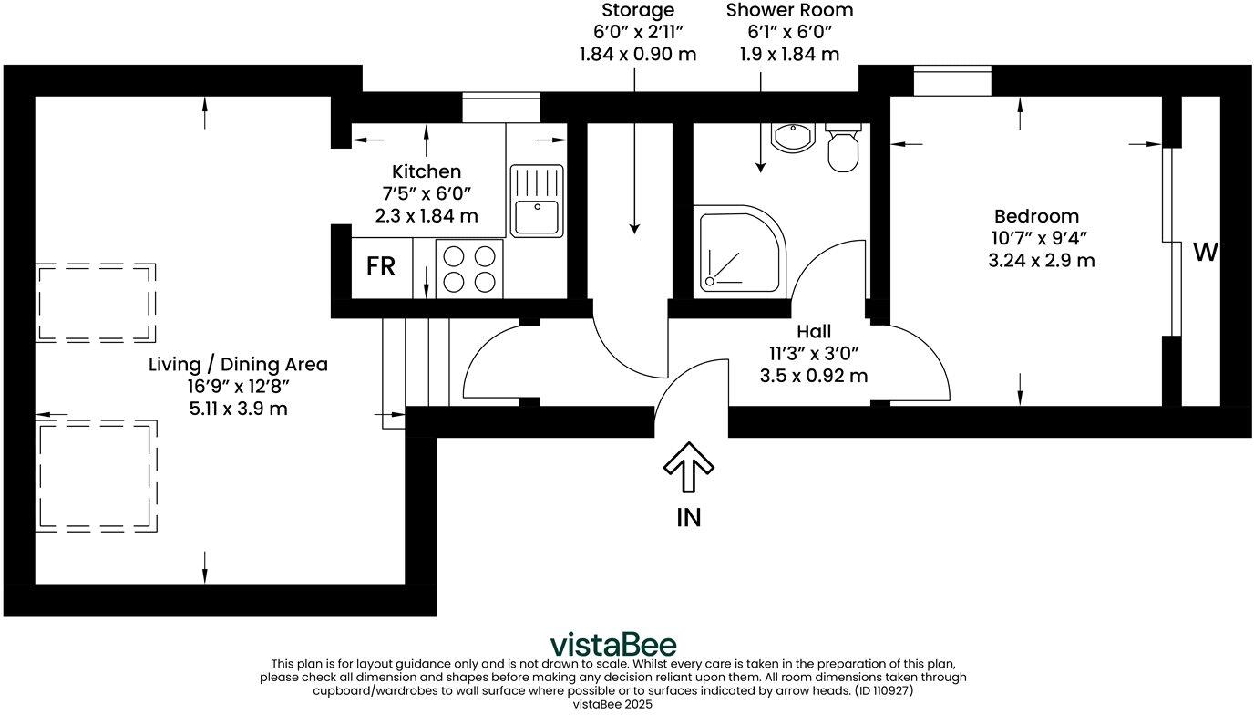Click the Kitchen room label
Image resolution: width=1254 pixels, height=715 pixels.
click(x=427, y=171)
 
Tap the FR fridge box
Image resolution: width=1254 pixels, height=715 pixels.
click(x=381, y=266)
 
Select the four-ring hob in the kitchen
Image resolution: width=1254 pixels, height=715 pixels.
click(x=469, y=267)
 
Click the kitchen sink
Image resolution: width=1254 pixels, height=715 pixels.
click(x=537, y=202)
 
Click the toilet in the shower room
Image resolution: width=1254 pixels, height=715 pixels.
click(x=843, y=149)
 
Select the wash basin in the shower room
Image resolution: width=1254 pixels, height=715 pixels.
click(x=791, y=138)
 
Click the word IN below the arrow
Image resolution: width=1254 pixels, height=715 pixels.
click(x=688, y=518)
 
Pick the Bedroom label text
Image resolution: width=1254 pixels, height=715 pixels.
click(x=1036, y=216)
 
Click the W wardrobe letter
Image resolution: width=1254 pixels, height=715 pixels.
click(x=1204, y=253)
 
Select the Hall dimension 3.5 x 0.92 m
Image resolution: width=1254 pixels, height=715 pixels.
click(x=814, y=375)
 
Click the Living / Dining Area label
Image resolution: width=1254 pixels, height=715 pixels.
click(x=238, y=365)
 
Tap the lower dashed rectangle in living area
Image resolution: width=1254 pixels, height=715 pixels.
click(x=95, y=475)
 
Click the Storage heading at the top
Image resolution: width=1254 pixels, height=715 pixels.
click(x=638, y=11)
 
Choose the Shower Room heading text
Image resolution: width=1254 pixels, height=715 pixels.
click(x=789, y=11)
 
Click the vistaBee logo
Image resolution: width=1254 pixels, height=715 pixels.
click(x=612, y=644)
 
